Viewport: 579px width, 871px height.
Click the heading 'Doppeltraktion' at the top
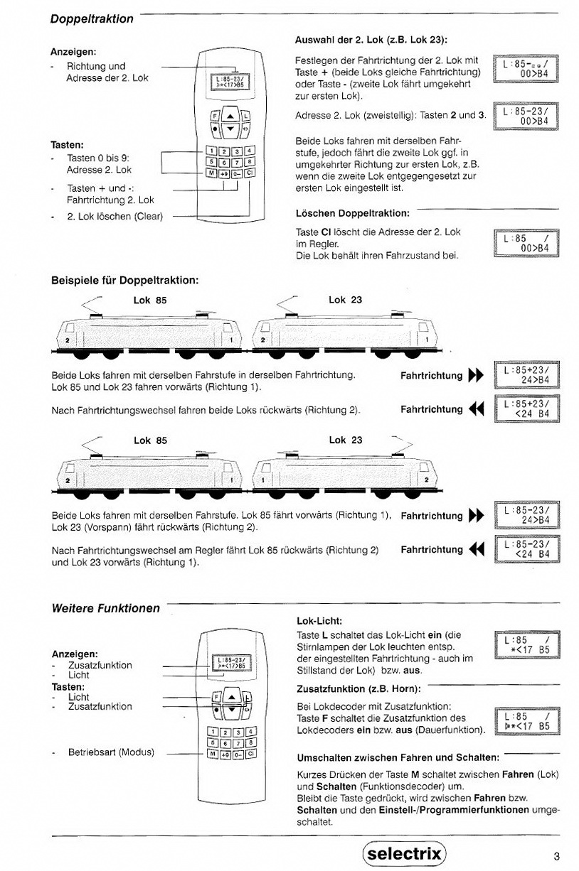pos(92,19)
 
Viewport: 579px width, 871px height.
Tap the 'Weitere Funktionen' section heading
pos(106,608)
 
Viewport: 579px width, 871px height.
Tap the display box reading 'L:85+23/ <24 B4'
pos(526,410)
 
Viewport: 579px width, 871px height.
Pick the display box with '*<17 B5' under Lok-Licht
pos(526,644)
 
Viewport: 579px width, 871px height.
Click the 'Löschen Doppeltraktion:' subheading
pos(352,212)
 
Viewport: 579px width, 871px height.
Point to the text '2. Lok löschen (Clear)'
pos(115,216)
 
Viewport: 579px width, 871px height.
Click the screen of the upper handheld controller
pos(226,80)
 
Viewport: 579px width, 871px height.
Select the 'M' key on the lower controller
pos(211,752)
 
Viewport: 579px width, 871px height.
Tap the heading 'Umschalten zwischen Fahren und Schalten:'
pos(397,757)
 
